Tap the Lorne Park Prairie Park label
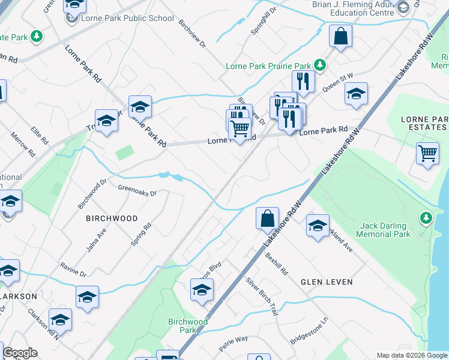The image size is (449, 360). [x=268, y=65]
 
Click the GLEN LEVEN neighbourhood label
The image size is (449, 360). [x=327, y=281]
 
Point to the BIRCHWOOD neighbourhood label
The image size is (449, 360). [x=111, y=218]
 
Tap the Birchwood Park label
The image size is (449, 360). [x=188, y=326]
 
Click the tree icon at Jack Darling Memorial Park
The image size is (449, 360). [x=426, y=217]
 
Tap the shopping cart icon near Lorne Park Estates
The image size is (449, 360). [x=427, y=153]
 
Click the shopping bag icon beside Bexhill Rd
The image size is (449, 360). [x=267, y=218]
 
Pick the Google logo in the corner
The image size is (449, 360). [x=20, y=353]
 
